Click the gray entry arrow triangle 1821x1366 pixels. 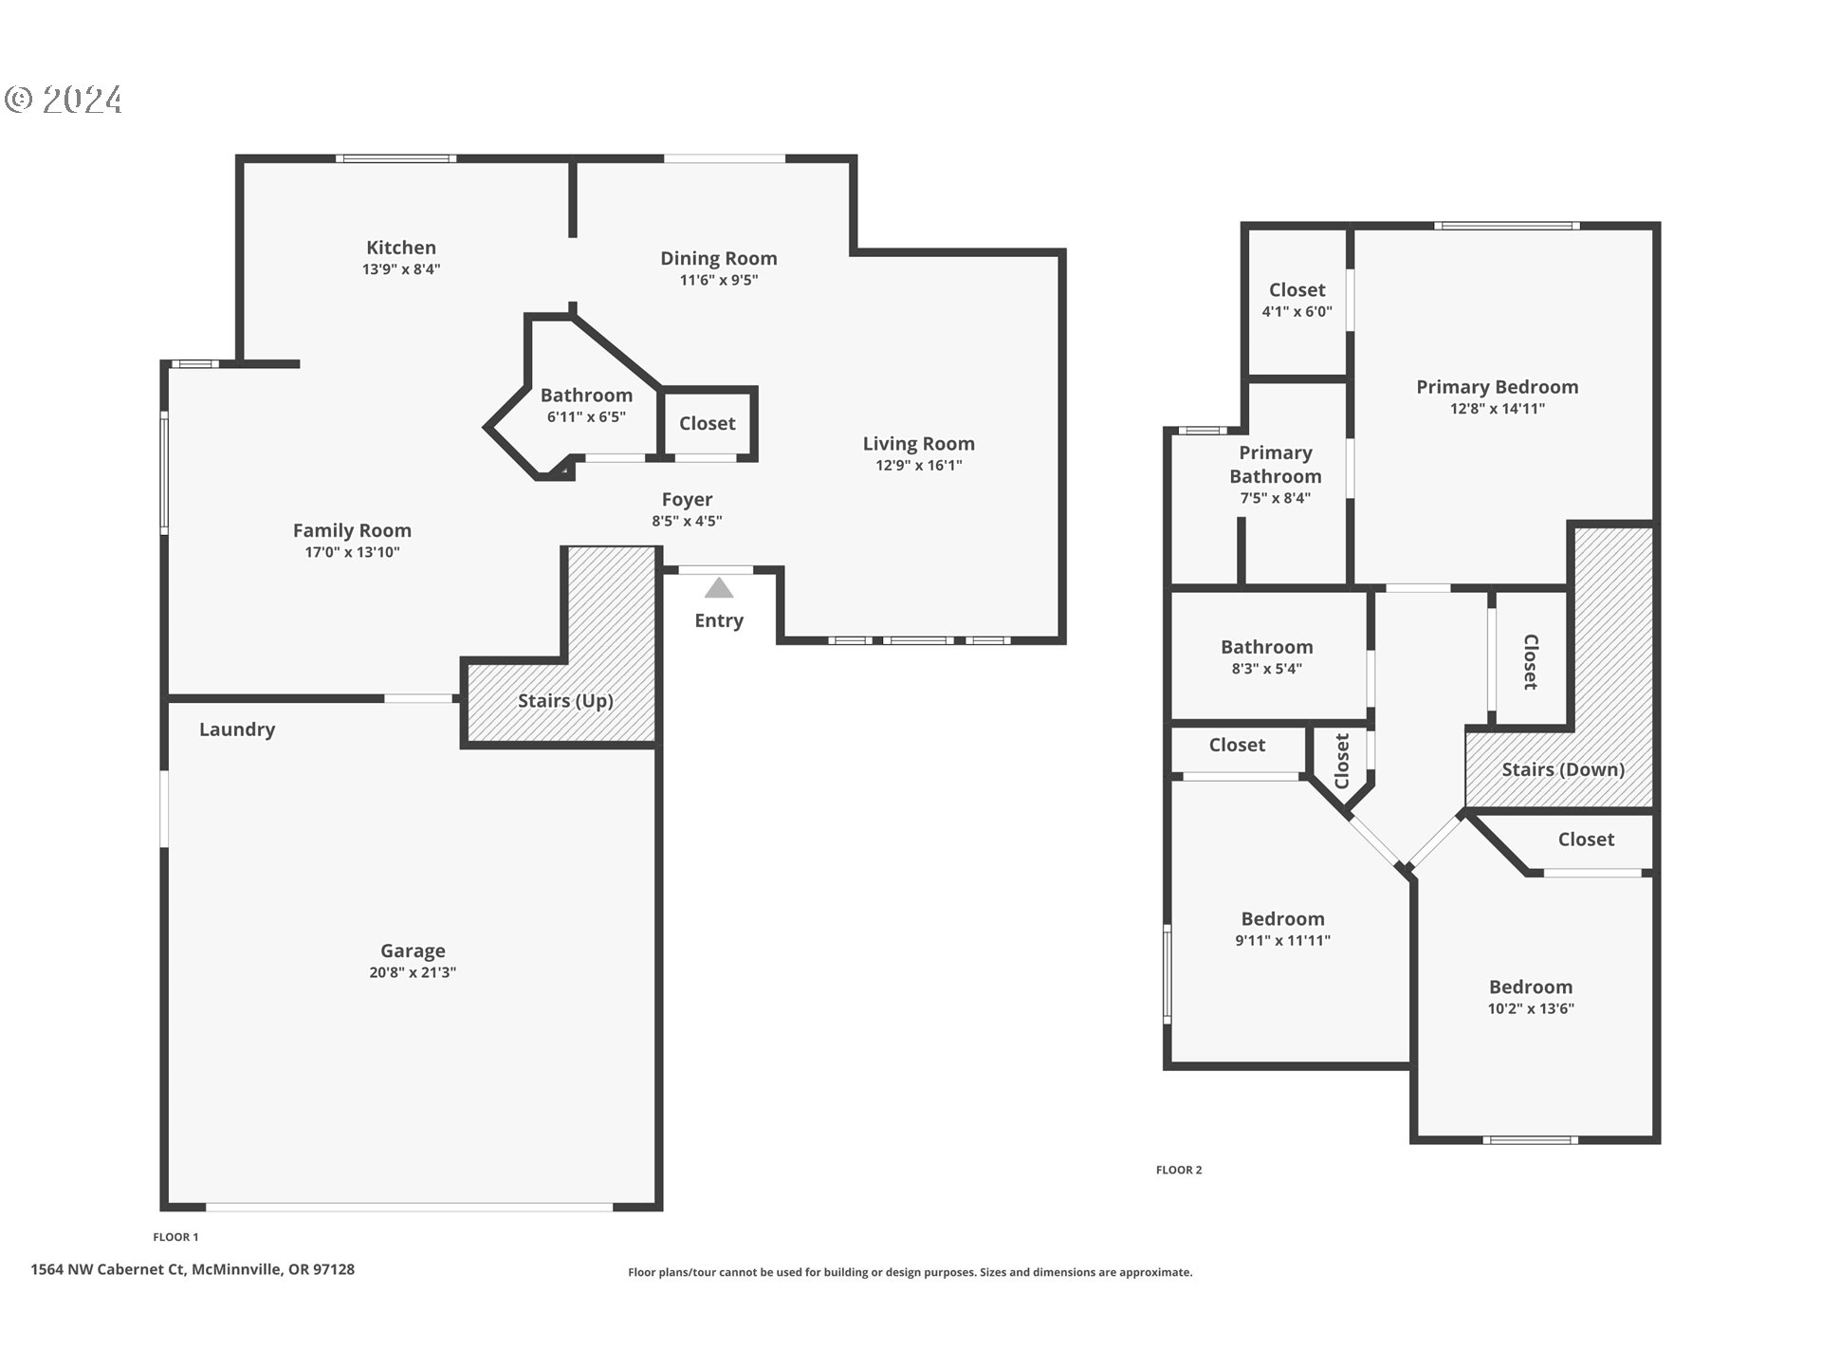[719, 589]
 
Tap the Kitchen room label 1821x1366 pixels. [401, 248]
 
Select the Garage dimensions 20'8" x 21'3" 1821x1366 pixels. [413, 972]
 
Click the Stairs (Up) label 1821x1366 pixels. [565, 701]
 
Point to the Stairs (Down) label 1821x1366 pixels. [1563, 769]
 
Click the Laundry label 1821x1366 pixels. [237, 729]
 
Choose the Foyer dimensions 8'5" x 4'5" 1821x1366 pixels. [687, 521]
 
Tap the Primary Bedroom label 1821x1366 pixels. [1497, 387]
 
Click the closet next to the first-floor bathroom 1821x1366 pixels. [708, 424]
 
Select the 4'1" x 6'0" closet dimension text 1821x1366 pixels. [1297, 312]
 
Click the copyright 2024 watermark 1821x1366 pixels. [64, 100]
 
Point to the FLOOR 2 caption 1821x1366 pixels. [1178, 1170]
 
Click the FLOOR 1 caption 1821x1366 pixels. [175, 1237]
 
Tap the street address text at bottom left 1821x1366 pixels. [193, 1269]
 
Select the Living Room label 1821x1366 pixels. [918, 444]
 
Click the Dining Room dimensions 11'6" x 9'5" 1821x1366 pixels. [718, 280]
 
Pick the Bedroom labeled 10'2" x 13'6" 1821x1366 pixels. [1530, 988]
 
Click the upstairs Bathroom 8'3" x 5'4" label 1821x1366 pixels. [1266, 647]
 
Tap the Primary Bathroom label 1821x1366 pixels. [1275, 465]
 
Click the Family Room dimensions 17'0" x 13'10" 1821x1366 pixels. [352, 552]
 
